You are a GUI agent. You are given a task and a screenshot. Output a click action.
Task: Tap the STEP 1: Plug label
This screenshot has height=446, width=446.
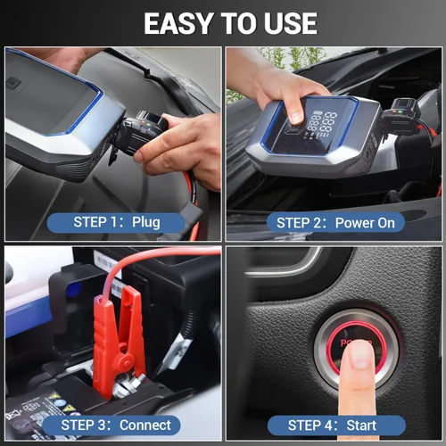tap(116, 222)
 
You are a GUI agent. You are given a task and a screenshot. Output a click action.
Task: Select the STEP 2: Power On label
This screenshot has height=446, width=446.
tap(335, 223)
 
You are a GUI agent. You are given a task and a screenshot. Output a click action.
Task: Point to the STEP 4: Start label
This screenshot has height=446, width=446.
tap(336, 425)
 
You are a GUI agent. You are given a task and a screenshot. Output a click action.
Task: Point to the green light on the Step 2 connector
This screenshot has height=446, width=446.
tap(400, 112)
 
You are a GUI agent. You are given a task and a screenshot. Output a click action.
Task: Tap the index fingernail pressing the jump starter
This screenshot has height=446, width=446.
tap(296, 118)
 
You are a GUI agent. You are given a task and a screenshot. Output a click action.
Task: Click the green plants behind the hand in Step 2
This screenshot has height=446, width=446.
tap(293, 58)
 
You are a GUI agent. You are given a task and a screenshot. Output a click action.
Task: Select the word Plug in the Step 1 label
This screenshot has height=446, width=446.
tap(146, 222)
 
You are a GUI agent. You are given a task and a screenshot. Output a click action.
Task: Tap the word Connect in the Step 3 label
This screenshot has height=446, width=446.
tap(145, 425)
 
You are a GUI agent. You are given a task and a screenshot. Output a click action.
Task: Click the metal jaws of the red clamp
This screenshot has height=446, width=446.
tap(128, 385)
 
